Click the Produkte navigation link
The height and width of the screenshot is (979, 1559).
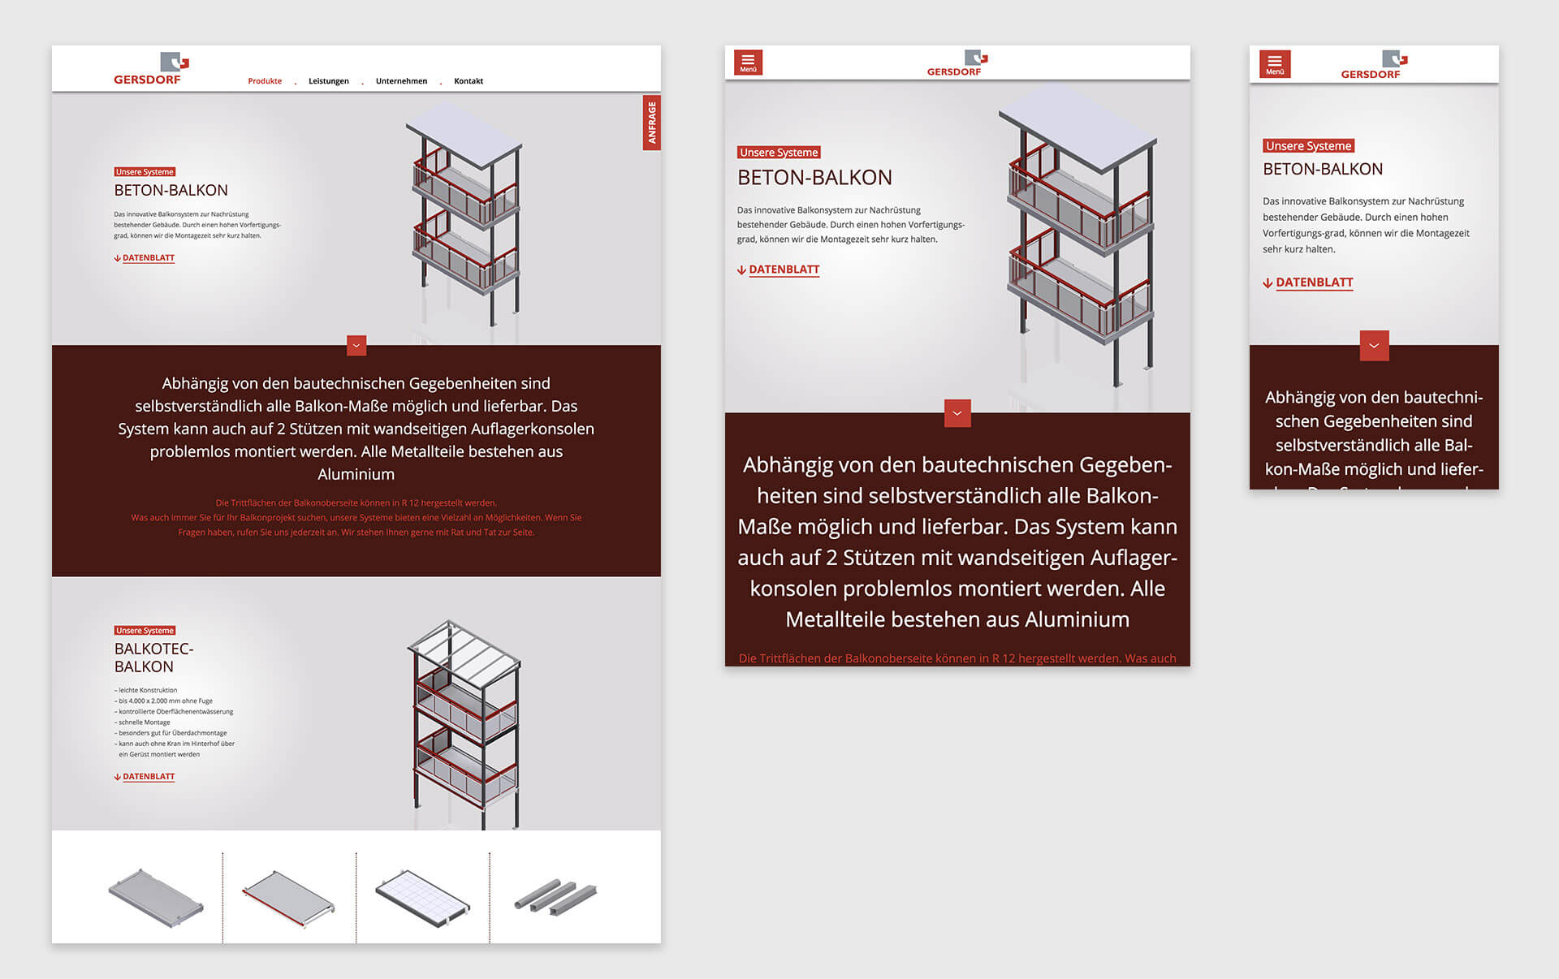(265, 81)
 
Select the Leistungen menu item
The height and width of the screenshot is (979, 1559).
(328, 81)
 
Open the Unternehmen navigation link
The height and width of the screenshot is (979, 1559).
(401, 81)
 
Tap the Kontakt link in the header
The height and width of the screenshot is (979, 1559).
(469, 81)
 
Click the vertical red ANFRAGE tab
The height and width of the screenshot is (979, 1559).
(651, 123)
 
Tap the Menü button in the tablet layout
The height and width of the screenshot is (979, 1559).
(748, 63)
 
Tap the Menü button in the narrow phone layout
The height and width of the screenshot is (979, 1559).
(1274, 64)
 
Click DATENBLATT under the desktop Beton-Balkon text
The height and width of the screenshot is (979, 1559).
(148, 258)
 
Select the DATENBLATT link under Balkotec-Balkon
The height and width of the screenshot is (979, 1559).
(148, 777)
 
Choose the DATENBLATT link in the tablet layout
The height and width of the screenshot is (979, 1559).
(784, 270)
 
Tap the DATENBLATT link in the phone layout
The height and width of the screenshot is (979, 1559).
(1313, 282)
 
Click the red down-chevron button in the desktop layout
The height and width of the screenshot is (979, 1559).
(356, 346)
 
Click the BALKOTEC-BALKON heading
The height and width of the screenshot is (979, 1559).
(153, 658)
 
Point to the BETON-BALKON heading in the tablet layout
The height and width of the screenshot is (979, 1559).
(814, 178)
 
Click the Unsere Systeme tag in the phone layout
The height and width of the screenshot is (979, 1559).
(1308, 146)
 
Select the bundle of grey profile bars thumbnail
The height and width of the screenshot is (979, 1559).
(555, 895)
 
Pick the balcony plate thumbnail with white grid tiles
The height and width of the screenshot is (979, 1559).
(422, 897)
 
